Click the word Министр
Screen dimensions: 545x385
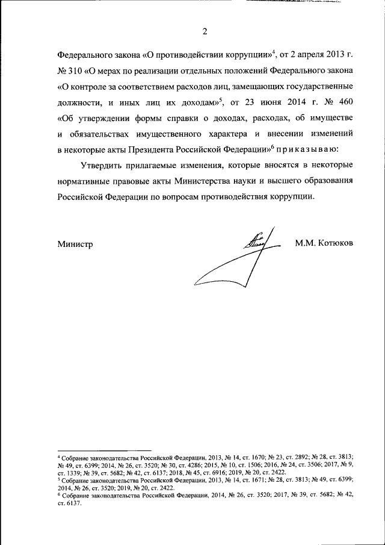point(75,243)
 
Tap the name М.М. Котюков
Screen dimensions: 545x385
point(324,243)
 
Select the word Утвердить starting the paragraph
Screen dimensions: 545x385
point(100,165)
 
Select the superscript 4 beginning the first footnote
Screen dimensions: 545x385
point(59,458)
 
